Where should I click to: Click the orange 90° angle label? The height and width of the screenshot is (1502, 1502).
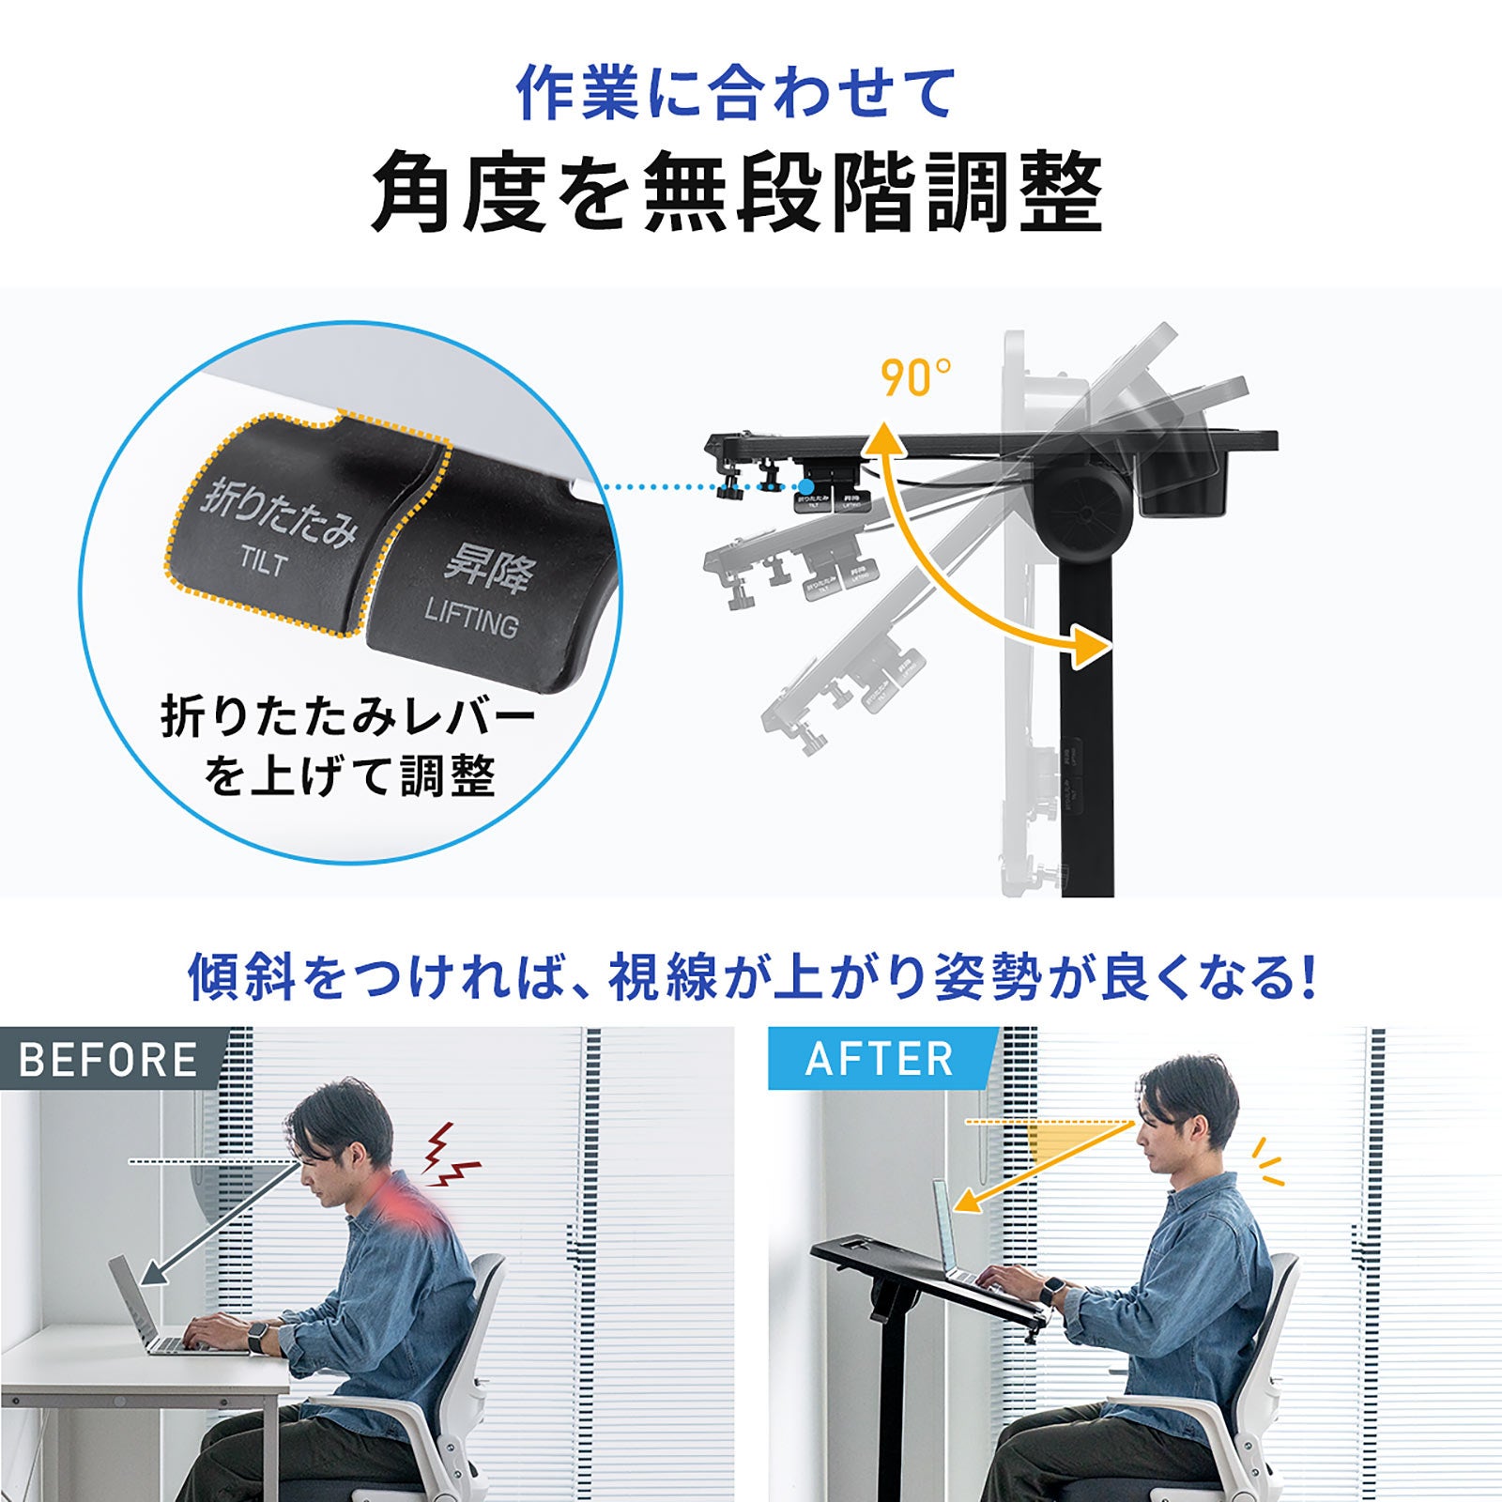[914, 378]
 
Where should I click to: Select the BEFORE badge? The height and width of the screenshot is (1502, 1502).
[108, 1060]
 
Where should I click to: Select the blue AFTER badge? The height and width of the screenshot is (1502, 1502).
[879, 1060]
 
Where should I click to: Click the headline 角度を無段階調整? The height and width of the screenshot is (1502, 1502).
[737, 192]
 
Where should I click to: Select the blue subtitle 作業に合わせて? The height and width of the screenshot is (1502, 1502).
[737, 93]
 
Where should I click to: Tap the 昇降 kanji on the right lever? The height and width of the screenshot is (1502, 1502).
[488, 569]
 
